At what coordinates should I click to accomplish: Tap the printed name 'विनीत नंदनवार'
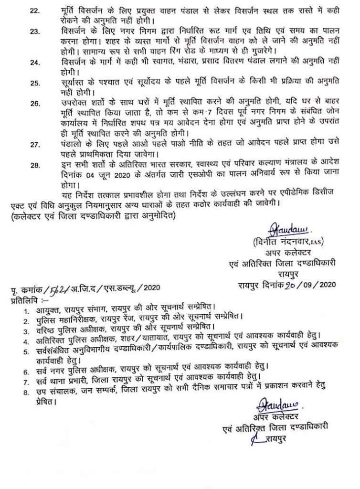[272, 241]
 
